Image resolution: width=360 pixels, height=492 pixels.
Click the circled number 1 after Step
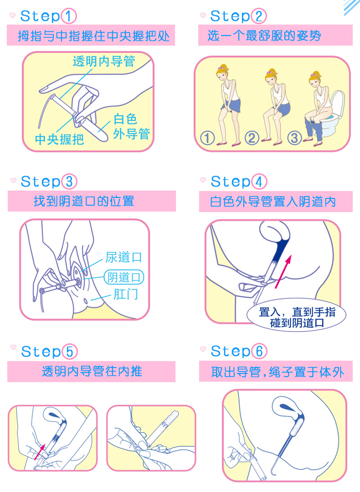(69, 16)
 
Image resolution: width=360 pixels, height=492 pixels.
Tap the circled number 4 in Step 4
(259, 182)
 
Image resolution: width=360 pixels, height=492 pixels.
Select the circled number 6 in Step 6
(259, 351)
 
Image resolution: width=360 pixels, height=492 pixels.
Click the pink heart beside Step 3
(13, 182)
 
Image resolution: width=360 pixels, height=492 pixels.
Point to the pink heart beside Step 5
(13, 351)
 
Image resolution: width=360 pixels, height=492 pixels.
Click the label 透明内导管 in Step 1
(104, 61)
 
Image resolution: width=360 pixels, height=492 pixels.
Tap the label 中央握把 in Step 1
(60, 140)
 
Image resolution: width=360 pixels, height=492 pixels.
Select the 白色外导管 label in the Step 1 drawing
(131, 126)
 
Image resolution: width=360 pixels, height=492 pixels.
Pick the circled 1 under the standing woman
(207, 138)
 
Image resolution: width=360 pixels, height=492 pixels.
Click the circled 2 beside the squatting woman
(252, 138)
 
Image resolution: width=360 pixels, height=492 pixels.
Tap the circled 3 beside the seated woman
(295, 138)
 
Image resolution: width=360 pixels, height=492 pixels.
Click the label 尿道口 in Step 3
(124, 257)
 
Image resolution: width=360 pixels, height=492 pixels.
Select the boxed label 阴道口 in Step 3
(124, 277)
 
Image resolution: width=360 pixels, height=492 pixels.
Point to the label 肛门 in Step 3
(125, 294)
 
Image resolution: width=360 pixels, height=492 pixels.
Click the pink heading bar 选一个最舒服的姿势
(275, 36)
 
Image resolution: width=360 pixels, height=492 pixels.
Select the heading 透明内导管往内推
(91, 371)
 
